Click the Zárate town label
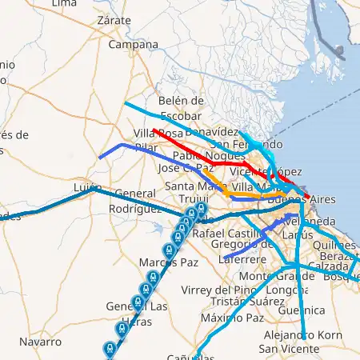(112, 20)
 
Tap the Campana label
(133, 46)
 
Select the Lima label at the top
(64, 4)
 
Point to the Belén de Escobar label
(182, 107)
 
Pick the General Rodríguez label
(132, 201)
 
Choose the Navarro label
(40, 342)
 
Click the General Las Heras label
(137, 314)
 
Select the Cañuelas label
(192, 356)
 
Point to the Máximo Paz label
(232, 318)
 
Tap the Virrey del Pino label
(220, 290)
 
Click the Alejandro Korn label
(302, 336)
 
